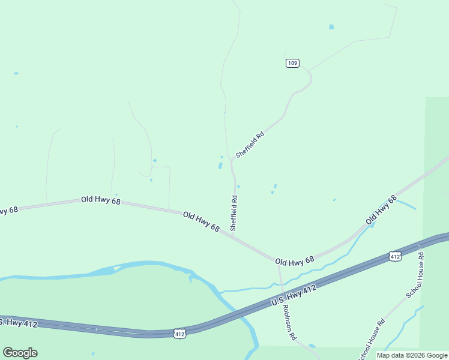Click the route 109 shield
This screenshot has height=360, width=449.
click(x=292, y=63)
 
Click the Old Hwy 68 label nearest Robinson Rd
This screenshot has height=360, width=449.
click(x=295, y=261)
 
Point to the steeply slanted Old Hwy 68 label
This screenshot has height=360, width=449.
click(x=382, y=210)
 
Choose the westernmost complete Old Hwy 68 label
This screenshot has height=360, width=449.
click(x=101, y=200)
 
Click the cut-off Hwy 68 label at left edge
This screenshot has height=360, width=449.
click(x=9, y=210)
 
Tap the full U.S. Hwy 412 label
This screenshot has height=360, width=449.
click(x=294, y=296)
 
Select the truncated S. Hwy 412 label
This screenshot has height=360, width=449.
click(x=19, y=323)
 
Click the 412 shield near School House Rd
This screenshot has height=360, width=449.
click(x=394, y=256)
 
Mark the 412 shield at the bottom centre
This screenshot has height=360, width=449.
click(x=179, y=333)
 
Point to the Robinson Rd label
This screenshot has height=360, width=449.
click(x=290, y=322)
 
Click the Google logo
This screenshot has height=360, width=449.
click(x=20, y=353)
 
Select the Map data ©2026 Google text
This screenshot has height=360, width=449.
click(x=412, y=355)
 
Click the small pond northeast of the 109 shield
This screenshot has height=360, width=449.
click(x=331, y=27)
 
